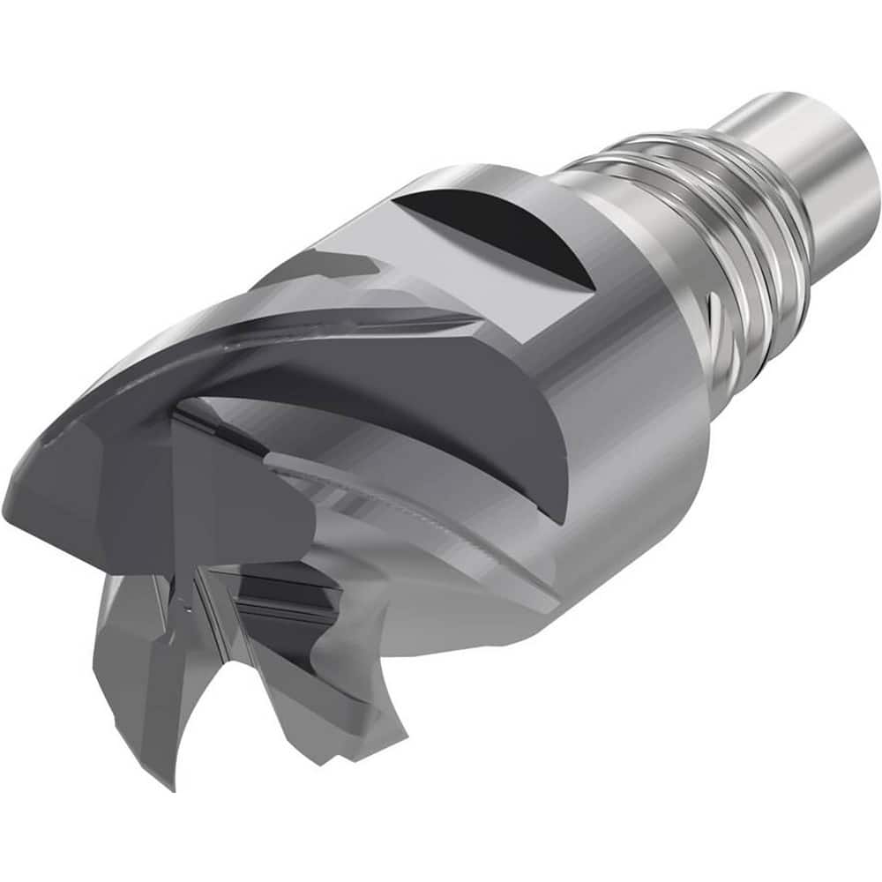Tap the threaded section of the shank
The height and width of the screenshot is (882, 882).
click(706, 212)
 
